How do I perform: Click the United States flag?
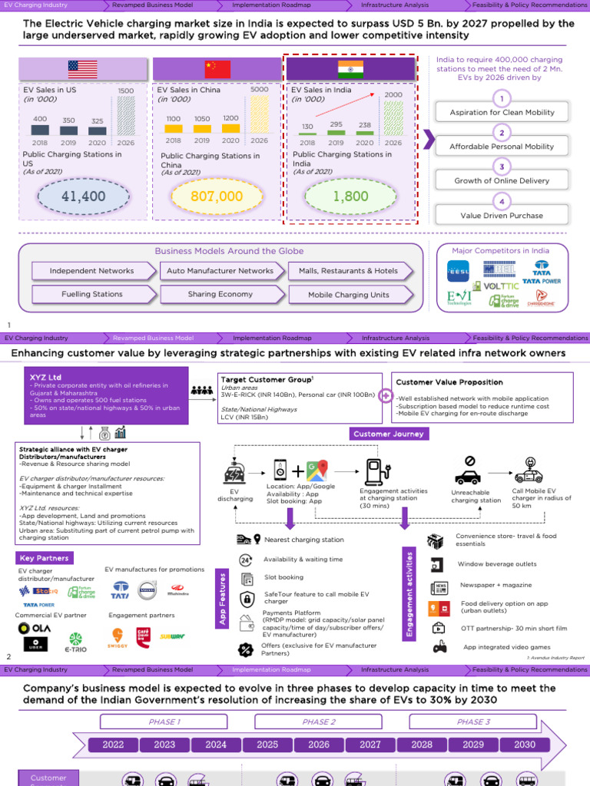83,70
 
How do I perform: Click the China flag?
217,70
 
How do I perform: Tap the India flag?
350,70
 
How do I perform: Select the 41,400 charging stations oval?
83,196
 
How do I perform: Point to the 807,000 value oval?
217,196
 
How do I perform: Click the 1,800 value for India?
350,196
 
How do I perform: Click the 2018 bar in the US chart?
40,129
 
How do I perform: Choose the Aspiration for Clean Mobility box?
502,112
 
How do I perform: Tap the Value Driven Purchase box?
502,216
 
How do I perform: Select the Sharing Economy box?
220,294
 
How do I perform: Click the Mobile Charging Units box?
348,295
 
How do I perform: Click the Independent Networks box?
91,271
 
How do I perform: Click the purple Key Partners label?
45,558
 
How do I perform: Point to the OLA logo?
34,629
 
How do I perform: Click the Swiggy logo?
118,639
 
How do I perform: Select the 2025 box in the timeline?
267,744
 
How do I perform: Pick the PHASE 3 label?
473,722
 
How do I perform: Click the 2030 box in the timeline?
525,744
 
